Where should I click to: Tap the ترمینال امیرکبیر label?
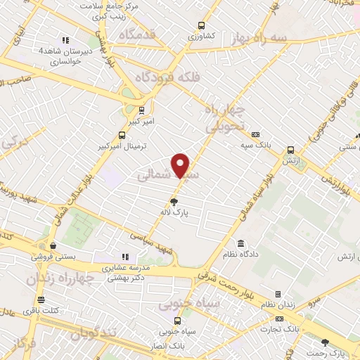pos(123,147)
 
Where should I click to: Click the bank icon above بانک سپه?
pos(255,134)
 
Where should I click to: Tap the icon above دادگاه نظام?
pos(241,242)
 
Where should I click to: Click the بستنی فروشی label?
pos(53,257)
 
